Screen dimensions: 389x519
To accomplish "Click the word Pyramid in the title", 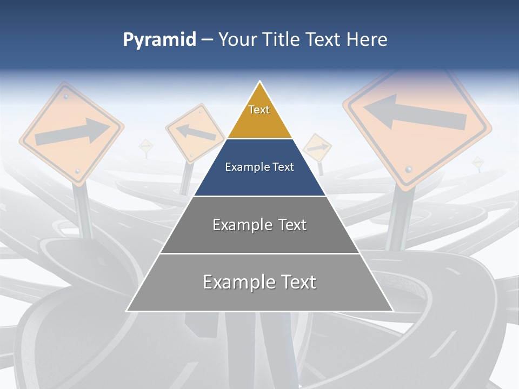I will pyautogui.click(x=159, y=40).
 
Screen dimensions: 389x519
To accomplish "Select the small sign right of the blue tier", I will pyautogui.click(x=317, y=147).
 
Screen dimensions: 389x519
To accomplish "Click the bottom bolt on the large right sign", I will pyautogui.click(x=409, y=170).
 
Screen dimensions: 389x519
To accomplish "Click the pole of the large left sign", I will pyautogui.click(x=84, y=211).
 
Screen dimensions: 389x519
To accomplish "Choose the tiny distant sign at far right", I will pyautogui.click(x=477, y=162).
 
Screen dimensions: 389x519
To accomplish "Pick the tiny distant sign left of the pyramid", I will pyautogui.click(x=146, y=146).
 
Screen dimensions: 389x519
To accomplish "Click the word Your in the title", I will pyautogui.click(x=237, y=40).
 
